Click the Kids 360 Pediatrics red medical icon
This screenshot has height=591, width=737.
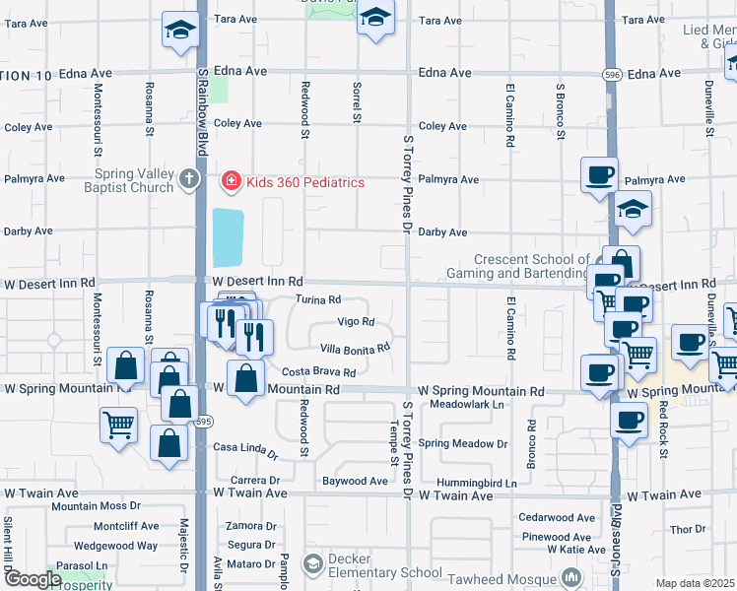(x=230, y=181)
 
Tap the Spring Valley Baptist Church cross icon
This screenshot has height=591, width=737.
(x=191, y=179)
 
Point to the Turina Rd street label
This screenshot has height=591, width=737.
(x=318, y=299)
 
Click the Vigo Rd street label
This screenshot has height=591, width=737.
(x=356, y=322)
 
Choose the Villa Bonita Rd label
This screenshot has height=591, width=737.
(x=356, y=348)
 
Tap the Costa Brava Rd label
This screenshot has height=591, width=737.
(x=318, y=372)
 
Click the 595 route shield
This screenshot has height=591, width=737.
(x=202, y=422)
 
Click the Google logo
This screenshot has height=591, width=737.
(x=33, y=579)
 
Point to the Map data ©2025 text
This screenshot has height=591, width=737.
(x=694, y=583)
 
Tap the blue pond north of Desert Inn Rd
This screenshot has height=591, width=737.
(x=228, y=237)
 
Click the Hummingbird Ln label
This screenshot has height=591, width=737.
(x=481, y=484)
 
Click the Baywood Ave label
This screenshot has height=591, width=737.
(x=355, y=482)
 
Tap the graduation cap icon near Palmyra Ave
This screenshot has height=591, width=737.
(x=633, y=209)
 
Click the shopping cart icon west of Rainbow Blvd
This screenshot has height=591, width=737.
(x=118, y=427)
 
